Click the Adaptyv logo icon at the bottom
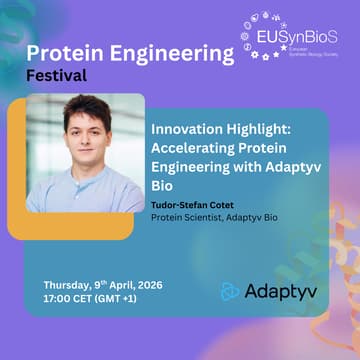[231, 291]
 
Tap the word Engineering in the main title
[166, 51]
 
